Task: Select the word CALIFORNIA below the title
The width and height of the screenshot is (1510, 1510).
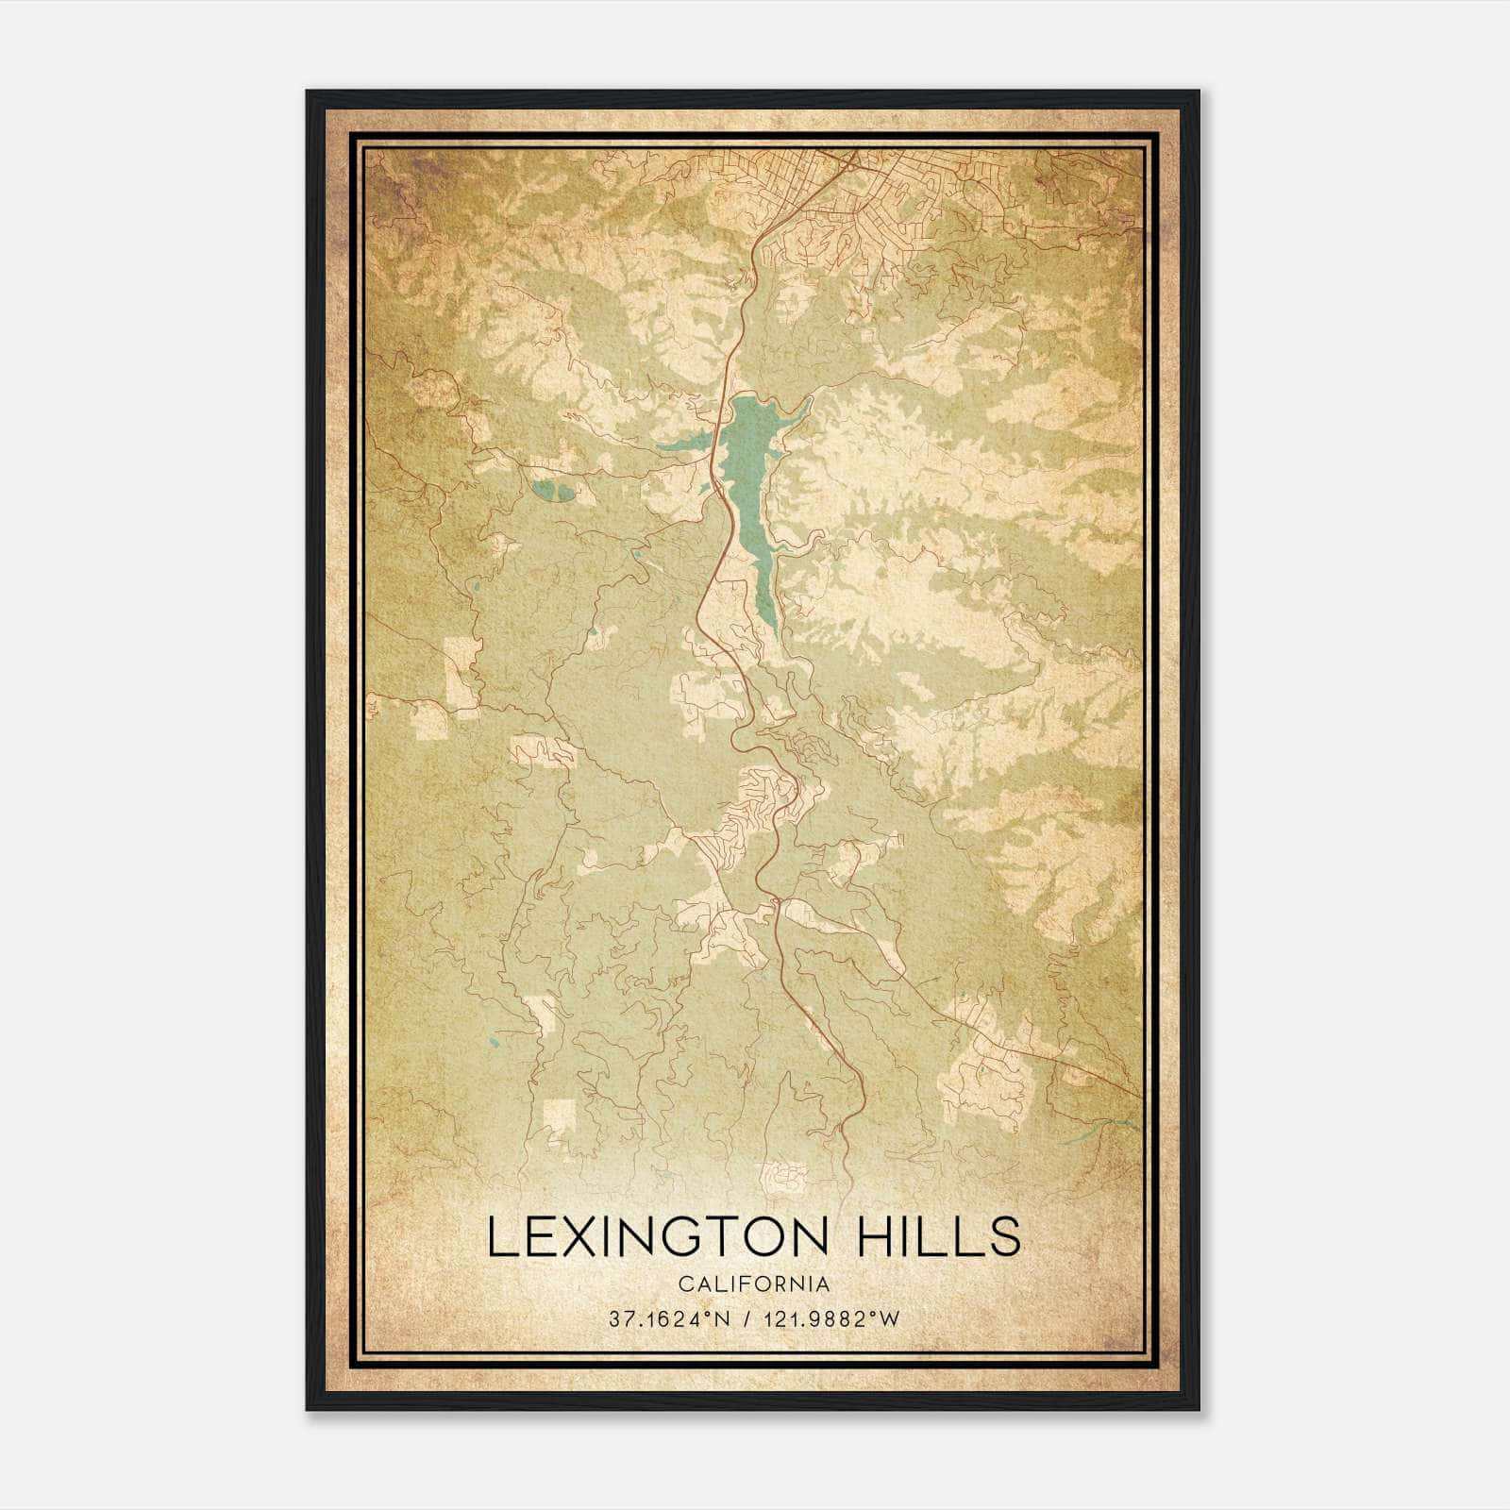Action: tap(754, 1284)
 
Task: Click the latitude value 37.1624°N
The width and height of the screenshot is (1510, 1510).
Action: tap(668, 1319)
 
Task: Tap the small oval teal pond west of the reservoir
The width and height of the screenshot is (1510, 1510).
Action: tap(550, 491)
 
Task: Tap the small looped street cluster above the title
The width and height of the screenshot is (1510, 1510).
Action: tap(785, 1176)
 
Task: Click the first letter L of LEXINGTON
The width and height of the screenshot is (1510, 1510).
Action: tap(501, 1237)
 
